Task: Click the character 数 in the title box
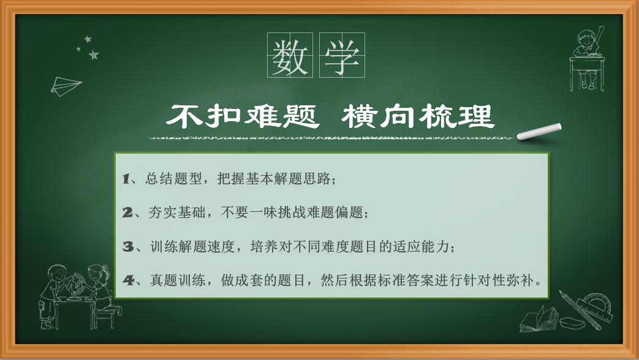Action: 290,56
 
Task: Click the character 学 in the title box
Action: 342,56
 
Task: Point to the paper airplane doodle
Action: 66,86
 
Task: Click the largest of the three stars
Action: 94,54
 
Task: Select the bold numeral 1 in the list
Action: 126,179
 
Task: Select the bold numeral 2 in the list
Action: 127,212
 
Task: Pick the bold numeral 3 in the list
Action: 128,246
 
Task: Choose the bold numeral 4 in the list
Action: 129,280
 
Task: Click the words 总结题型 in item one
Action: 173,179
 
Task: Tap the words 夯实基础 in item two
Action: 176,212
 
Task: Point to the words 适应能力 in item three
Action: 421,246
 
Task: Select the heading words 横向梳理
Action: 418,116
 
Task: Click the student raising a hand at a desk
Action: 587,59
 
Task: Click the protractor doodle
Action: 596,306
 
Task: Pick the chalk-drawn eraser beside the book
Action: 572,323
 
